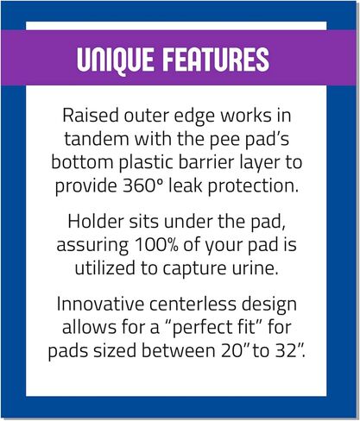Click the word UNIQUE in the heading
click(115, 60)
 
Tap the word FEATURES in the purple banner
click(216, 60)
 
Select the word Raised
click(91, 116)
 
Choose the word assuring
click(92, 247)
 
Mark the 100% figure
click(156, 245)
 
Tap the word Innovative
click(100, 304)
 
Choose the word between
click(179, 351)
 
